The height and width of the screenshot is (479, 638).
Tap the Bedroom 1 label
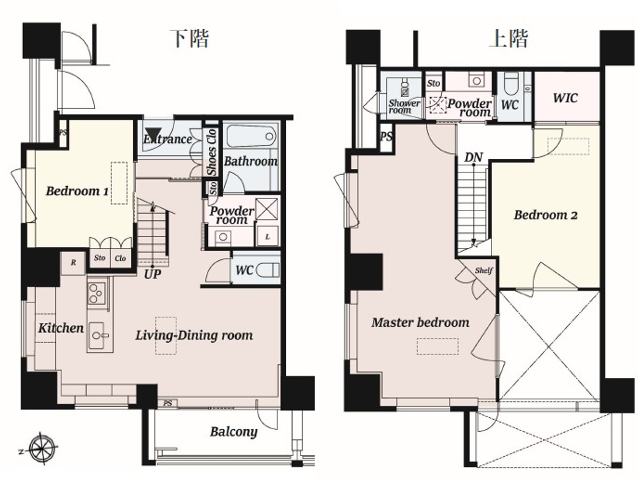click(x=77, y=191)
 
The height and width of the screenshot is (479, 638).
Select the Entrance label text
click(x=168, y=139)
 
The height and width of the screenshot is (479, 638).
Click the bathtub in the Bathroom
click(x=251, y=135)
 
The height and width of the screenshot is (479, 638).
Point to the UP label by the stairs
click(x=152, y=274)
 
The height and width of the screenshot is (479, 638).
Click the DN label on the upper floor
click(x=473, y=157)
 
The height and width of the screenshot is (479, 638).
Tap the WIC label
click(x=565, y=98)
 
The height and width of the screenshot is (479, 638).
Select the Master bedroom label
click(x=420, y=323)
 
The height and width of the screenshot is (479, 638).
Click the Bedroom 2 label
click(x=545, y=215)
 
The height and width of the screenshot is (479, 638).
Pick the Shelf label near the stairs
click(x=484, y=271)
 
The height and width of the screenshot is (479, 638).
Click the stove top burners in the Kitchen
click(x=97, y=293)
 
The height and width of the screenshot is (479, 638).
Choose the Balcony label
click(x=233, y=432)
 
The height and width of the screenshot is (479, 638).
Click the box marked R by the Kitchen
click(x=73, y=263)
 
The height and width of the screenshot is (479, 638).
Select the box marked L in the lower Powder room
click(x=268, y=236)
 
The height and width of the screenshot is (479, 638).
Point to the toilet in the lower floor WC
click(x=268, y=271)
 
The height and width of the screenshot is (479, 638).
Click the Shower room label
click(x=403, y=106)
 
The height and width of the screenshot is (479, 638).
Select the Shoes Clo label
click(x=211, y=152)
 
